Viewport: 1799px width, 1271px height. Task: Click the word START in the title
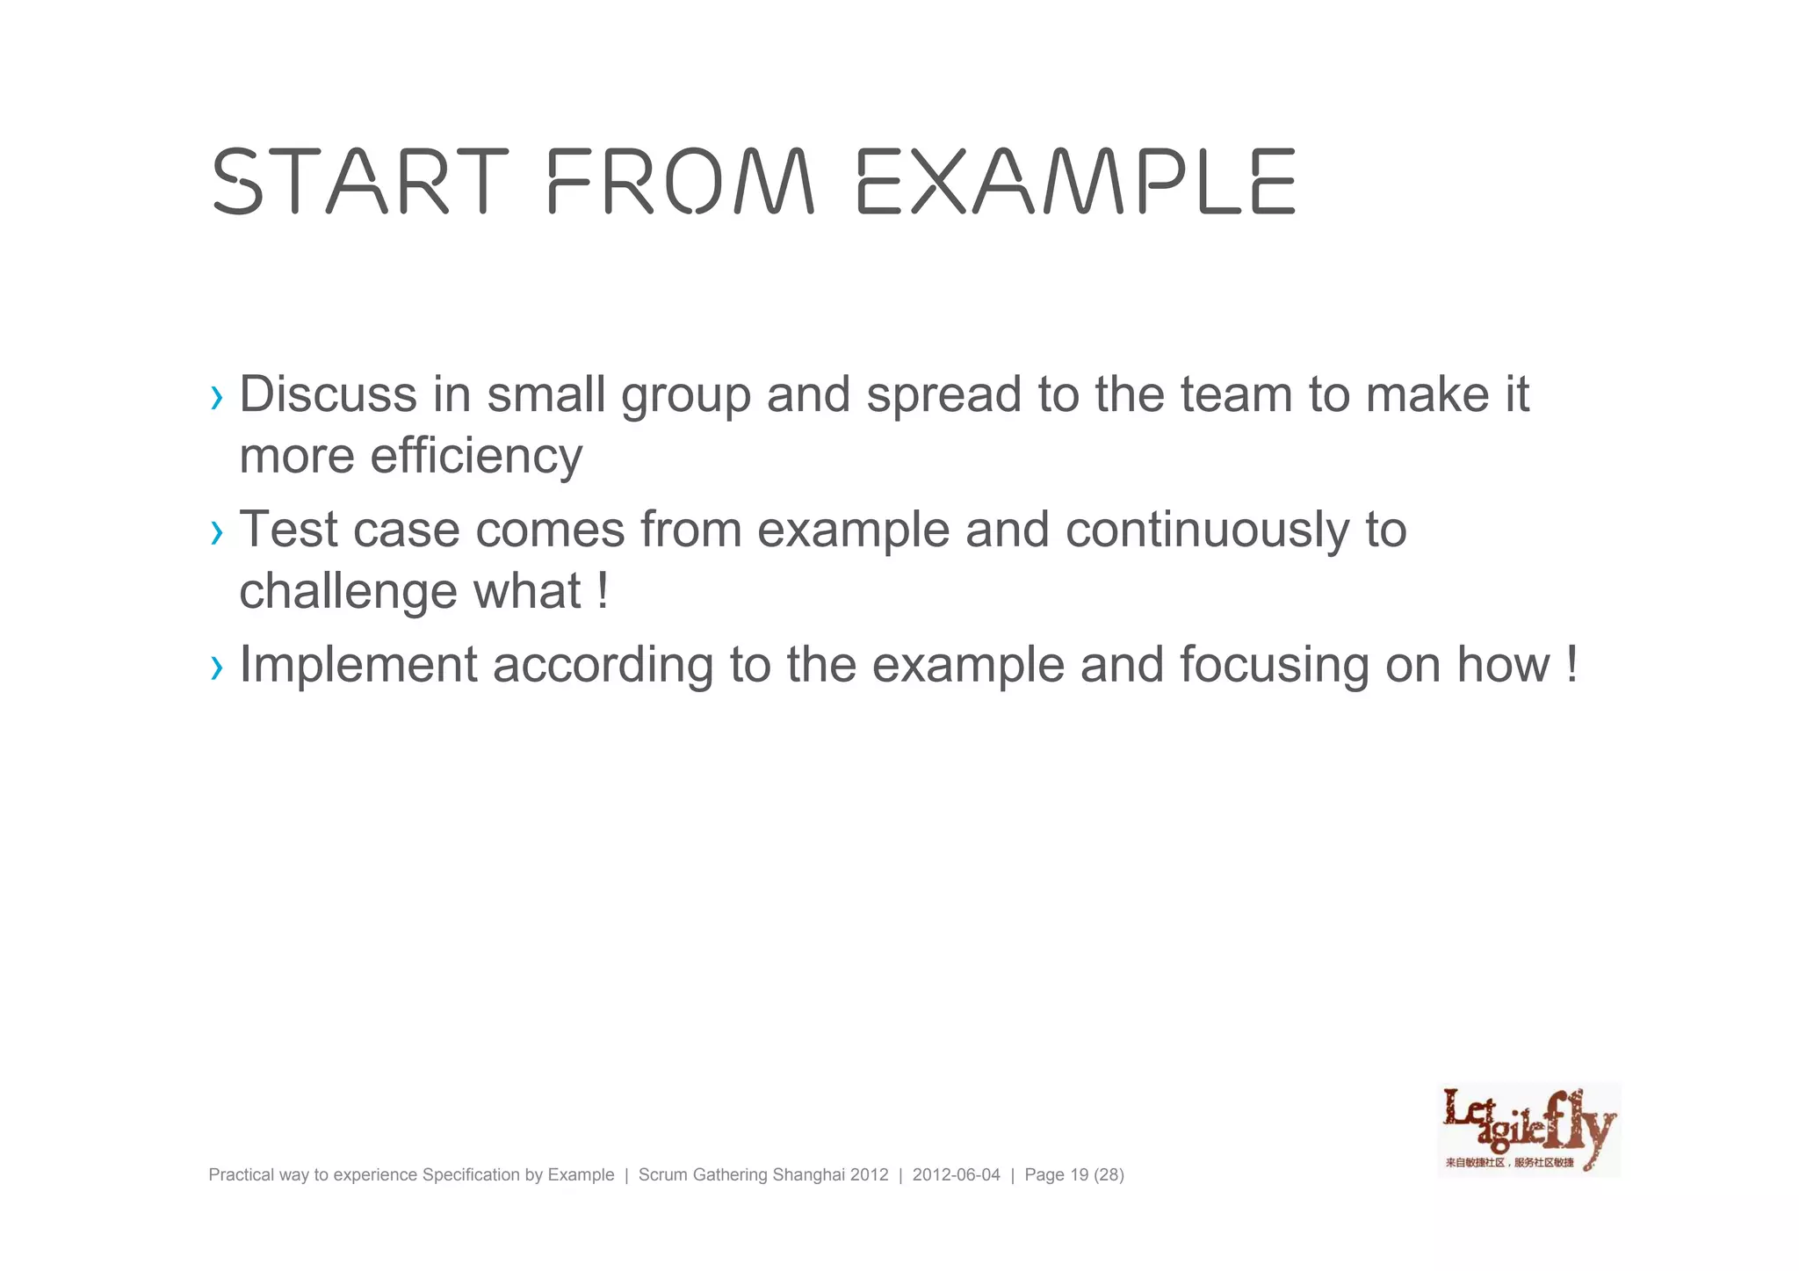coord(360,182)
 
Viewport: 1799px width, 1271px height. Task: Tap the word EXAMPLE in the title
coord(1076,182)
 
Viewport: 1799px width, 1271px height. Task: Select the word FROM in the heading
coord(681,182)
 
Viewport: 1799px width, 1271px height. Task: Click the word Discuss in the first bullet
coord(328,394)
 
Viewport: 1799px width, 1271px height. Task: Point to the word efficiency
coord(476,457)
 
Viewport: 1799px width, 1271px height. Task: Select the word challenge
coord(349,591)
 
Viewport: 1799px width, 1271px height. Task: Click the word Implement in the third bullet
coord(358,665)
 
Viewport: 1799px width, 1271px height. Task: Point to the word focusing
coord(1275,665)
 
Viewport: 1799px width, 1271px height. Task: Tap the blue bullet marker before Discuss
coord(217,398)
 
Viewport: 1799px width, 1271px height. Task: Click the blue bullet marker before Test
coord(217,532)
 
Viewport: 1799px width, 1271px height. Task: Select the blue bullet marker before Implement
coord(217,668)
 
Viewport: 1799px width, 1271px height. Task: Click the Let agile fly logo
coord(1528,1130)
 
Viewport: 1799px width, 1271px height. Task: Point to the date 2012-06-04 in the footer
coord(956,1175)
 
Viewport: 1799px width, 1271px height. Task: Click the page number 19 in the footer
coord(1080,1175)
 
